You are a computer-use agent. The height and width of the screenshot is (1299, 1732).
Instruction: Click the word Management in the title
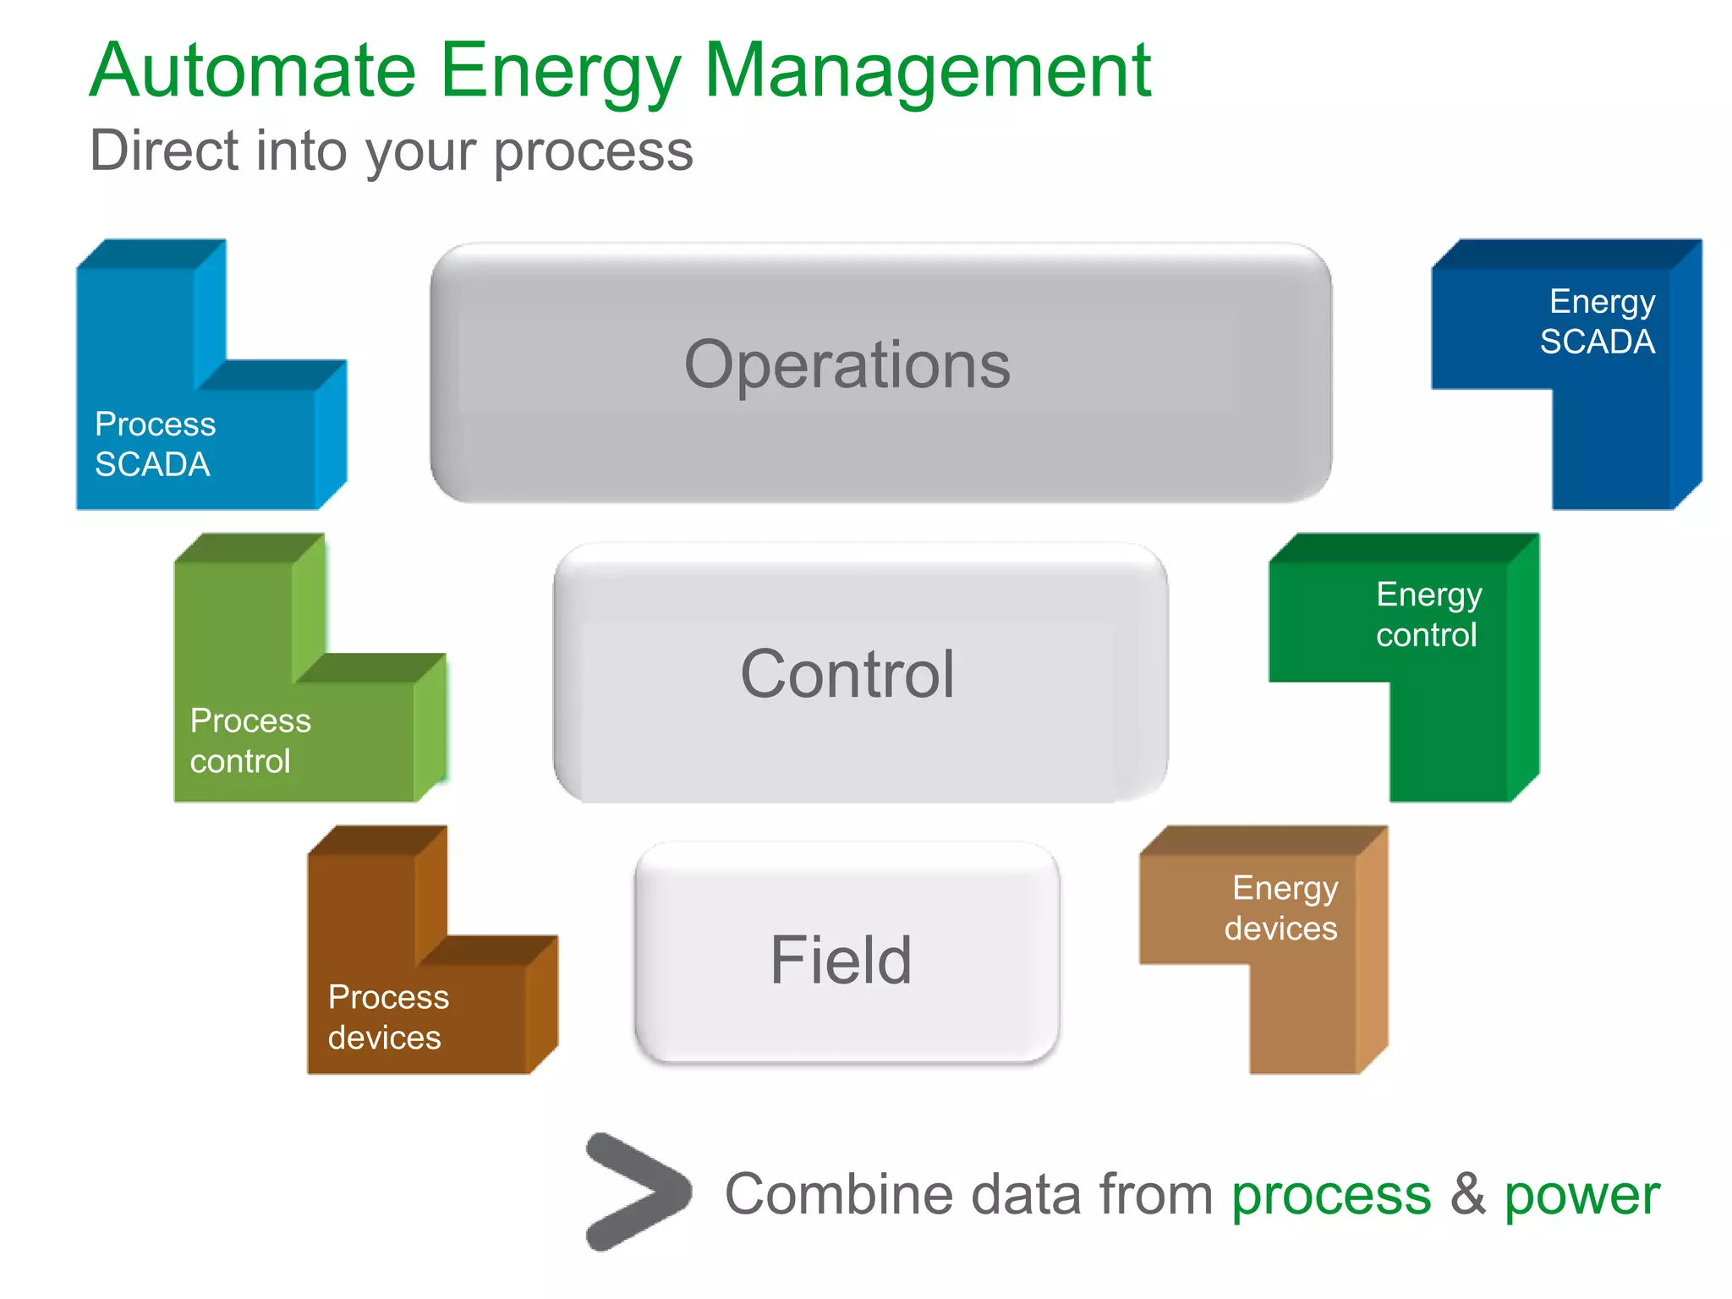(927, 71)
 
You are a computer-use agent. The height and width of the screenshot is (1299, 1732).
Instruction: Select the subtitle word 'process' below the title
(593, 152)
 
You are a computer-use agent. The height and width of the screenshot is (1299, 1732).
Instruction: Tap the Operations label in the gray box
(847, 364)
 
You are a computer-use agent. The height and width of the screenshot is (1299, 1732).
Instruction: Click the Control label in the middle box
(847, 674)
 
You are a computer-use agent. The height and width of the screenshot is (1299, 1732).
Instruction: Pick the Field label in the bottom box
(841, 960)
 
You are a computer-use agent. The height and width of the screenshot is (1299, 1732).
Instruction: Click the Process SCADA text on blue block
(154, 444)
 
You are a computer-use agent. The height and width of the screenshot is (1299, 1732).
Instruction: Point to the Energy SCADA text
(1598, 321)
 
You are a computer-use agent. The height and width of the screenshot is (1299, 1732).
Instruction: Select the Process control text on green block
(249, 741)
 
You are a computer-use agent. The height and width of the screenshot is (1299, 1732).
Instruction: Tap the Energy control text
(1428, 615)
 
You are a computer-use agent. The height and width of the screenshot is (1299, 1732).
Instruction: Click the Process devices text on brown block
(387, 1017)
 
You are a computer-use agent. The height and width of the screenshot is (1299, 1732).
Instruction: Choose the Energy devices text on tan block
(1282, 908)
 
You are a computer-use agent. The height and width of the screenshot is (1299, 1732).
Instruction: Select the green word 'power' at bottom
(1581, 1197)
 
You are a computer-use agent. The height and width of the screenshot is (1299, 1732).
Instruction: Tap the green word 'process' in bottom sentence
(1331, 1197)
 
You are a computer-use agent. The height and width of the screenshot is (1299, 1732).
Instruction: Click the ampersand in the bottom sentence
(1467, 1193)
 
